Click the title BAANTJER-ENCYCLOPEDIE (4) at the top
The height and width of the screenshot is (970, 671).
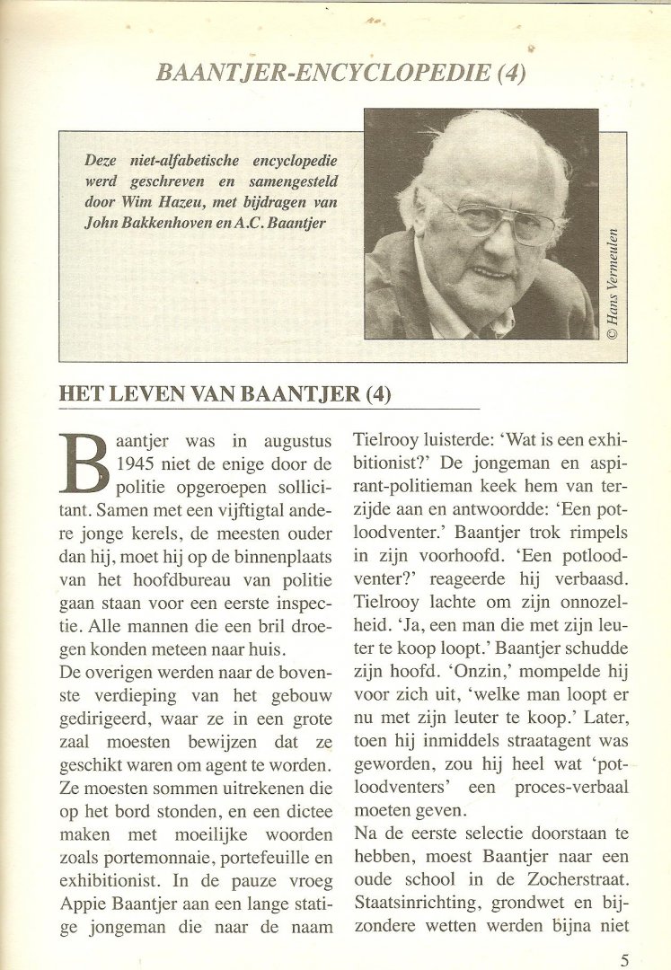point(340,73)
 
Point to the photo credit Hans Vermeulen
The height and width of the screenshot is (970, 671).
point(613,284)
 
